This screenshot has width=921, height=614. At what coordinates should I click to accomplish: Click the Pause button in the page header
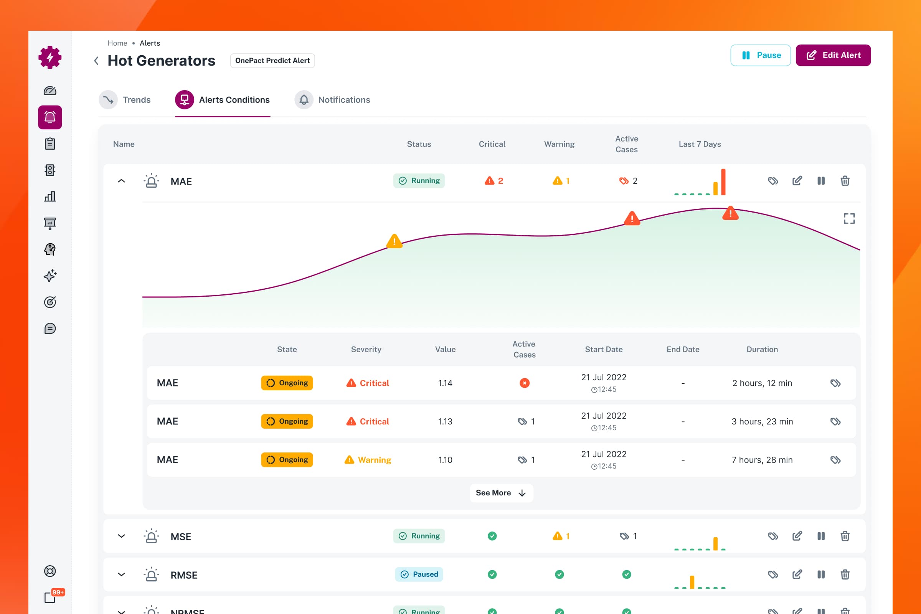pos(761,55)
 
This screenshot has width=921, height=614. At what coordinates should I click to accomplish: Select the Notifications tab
pos(332,100)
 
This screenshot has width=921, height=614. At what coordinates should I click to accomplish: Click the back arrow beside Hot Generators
pos(96,61)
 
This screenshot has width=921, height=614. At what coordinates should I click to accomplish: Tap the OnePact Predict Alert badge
pos(272,61)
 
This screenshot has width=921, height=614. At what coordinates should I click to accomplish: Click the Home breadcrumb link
pos(117,43)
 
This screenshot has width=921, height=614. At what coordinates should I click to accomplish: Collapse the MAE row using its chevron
pos(121,181)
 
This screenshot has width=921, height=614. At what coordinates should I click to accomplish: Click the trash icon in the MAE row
pos(845,181)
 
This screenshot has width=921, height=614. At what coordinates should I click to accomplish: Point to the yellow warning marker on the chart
pos(394,241)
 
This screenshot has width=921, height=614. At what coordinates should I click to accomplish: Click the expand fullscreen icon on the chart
pos(849,218)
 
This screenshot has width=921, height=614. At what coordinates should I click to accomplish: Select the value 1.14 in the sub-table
pos(445,383)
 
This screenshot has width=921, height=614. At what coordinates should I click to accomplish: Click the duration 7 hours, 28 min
pos(762,460)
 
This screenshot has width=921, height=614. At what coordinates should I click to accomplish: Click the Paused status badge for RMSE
pos(419,574)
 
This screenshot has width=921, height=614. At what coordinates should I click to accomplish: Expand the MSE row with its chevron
pos(121,536)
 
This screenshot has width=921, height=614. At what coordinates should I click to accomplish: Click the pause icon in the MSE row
pos(821,536)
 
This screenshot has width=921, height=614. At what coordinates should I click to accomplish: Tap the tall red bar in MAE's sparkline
pos(723,182)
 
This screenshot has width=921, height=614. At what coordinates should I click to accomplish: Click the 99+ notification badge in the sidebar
pos(58,592)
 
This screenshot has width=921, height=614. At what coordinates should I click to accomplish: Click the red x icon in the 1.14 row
pos(525,383)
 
